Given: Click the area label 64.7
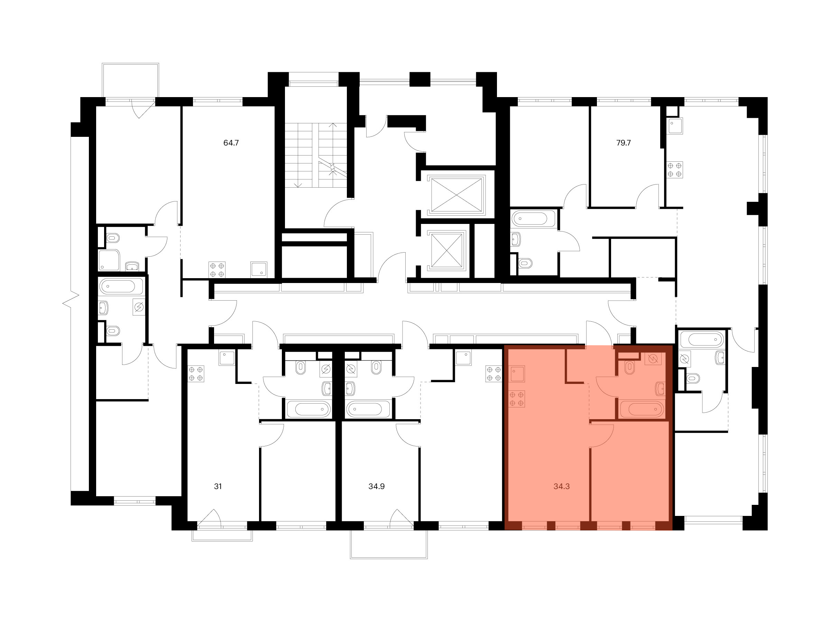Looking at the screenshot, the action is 231,143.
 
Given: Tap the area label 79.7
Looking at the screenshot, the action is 623,143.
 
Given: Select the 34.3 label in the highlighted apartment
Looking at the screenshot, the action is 561,486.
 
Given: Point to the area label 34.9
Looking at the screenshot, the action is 376,486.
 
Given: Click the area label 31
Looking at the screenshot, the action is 218,486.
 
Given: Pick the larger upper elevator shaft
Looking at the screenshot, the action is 456,195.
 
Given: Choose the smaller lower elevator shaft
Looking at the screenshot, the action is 446,251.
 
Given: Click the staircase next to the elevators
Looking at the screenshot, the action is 315,155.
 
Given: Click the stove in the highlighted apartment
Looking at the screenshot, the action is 517,399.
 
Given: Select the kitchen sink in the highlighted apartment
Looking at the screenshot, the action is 517,374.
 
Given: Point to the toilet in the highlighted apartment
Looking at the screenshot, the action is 629,367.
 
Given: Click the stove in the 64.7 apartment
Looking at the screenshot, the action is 217,270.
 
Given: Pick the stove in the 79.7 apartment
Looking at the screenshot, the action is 675,169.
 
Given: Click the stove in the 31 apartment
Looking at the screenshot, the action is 196,374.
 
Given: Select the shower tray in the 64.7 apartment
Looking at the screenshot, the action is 109,260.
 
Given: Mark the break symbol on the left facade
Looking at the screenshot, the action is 71,300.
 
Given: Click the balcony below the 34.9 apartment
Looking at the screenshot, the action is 389,544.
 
